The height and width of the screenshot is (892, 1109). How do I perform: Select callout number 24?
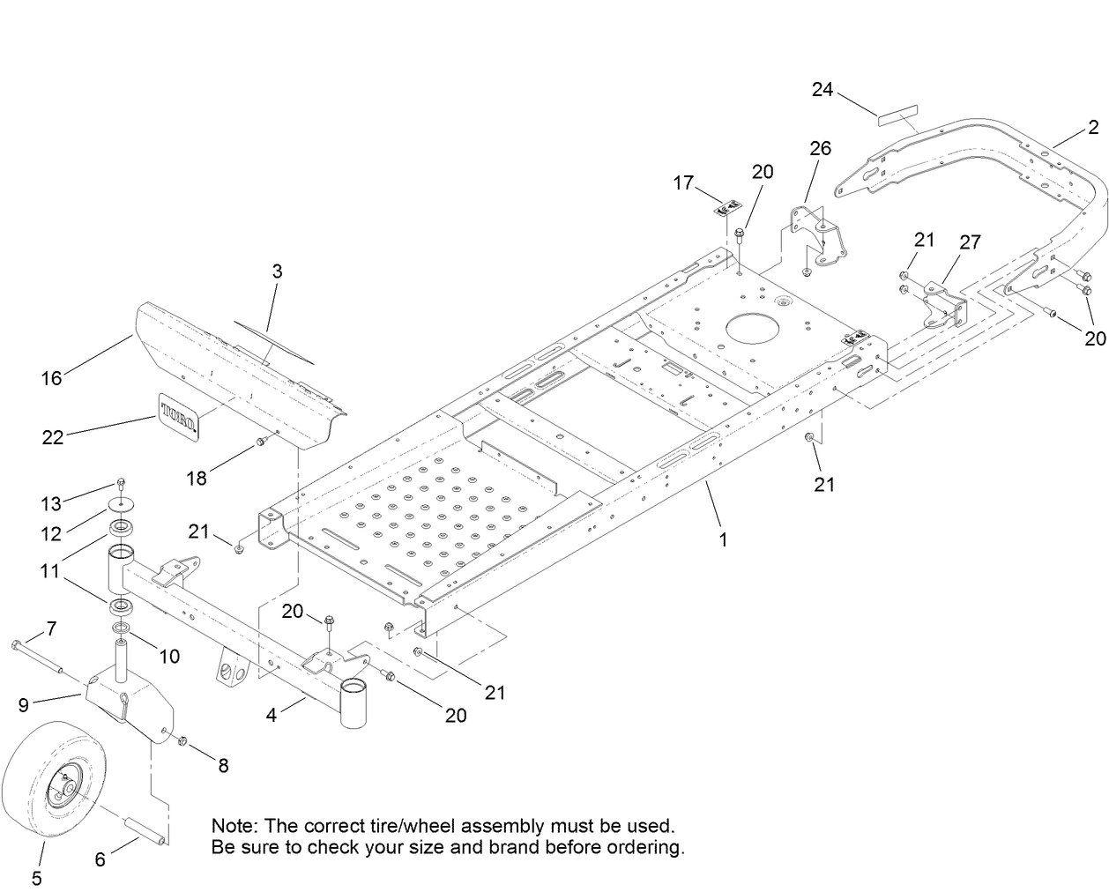tap(822, 90)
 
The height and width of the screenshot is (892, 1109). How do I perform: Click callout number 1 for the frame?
tap(723, 539)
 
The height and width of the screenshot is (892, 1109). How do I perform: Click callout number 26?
tap(820, 148)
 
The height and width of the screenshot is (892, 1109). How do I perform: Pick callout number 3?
tap(277, 271)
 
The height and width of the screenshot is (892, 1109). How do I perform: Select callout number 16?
tap(52, 378)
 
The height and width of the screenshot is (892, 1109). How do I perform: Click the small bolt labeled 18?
tap(262, 441)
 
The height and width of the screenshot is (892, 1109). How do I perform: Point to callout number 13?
tap(52, 503)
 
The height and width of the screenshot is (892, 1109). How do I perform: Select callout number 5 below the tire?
tap(36, 878)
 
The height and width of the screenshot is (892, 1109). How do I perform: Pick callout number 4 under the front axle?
tap(272, 715)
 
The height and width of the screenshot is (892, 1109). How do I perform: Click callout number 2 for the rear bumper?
tap(1092, 130)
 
